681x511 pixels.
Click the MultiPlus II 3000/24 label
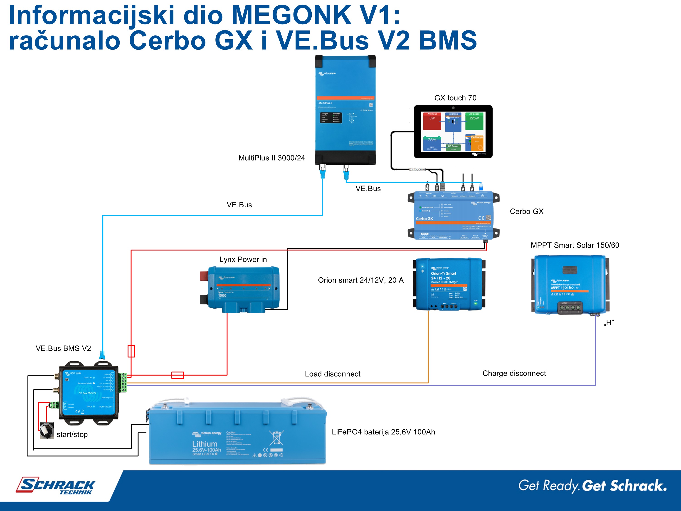tap(271, 158)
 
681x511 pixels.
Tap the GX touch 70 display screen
tap(453, 131)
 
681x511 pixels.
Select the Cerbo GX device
tap(453, 216)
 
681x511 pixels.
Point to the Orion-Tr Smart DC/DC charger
tap(449, 284)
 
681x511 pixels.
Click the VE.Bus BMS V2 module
tap(89, 393)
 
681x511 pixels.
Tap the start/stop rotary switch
tap(47, 430)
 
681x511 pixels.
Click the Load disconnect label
tap(333, 374)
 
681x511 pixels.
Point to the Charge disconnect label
tap(514, 373)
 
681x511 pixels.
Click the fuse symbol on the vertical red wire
tap(131, 351)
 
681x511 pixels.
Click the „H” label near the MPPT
tap(609, 323)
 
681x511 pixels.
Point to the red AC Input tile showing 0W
tap(432, 121)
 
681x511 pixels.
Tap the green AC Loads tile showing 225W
tap(474, 121)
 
